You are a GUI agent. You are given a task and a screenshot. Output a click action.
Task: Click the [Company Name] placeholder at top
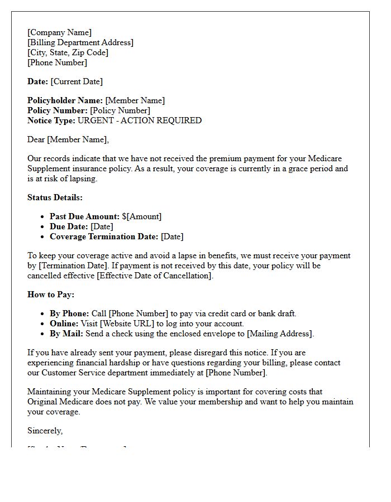point(59,32)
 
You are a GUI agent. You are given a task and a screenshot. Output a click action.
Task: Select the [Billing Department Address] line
point(80,42)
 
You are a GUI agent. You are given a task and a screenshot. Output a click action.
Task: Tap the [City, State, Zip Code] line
point(68,52)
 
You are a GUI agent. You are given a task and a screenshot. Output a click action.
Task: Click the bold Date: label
point(37,81)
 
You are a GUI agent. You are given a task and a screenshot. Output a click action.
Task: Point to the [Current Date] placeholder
point(77,81)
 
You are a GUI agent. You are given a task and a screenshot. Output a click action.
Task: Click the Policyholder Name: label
point(65,100)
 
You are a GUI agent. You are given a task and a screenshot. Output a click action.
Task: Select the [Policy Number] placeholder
point(120,110)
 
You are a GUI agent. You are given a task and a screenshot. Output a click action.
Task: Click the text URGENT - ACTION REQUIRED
point(139,120)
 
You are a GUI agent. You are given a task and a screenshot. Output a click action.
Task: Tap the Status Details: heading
point(55,197)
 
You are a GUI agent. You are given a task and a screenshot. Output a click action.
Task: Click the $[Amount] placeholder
point(141,216)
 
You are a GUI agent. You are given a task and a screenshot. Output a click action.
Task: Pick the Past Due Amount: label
point(84,216)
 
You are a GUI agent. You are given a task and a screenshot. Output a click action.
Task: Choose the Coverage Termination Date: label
point(104,236)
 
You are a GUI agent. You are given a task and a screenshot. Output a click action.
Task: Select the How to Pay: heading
point(51,295)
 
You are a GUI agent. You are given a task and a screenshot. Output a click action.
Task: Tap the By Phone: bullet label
point(69,313)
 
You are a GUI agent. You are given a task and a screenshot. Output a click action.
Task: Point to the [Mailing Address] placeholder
point(280,334)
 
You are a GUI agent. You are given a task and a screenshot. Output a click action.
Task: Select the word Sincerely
point(45,431)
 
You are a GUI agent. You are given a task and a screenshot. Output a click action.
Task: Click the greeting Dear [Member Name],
point(68,139)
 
